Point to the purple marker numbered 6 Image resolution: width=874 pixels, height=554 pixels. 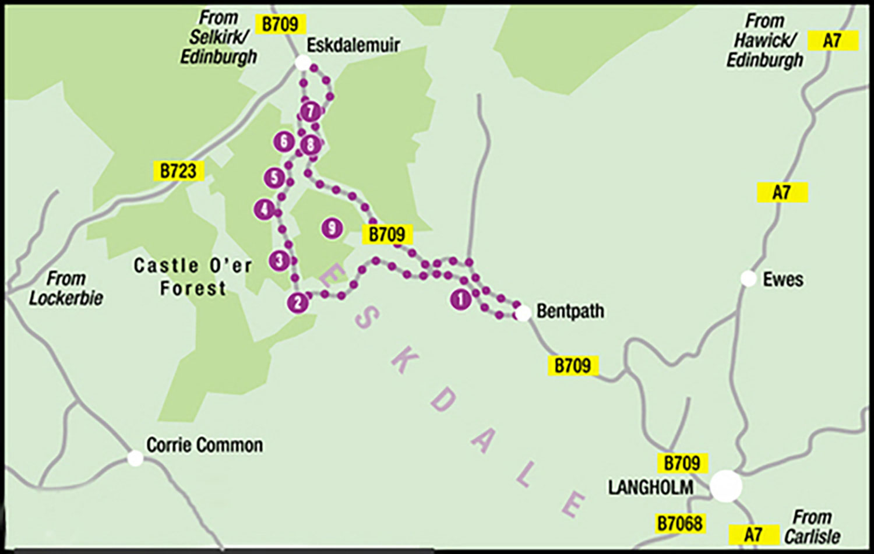(284, 141)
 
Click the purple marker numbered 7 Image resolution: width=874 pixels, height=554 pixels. (311, 111)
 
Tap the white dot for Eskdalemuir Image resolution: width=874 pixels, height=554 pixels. (302, 62)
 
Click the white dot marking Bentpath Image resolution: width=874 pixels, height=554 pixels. (523, 313)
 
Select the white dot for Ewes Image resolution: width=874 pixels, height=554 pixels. (748, 278)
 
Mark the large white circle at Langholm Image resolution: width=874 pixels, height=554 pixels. (726, 486)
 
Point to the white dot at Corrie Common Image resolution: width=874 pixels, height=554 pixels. (135, 458)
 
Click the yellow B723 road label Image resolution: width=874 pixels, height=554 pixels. (178, 171)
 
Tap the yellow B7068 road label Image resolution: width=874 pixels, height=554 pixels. (679, 523)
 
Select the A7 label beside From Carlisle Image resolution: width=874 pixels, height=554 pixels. (754, 534)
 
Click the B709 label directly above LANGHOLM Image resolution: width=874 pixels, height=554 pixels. (682, 463)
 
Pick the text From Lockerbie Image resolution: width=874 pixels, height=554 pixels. (65, 288)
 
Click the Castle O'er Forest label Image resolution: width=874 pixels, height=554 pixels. (193, 277)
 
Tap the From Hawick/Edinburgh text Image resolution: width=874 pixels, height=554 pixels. (764, 41)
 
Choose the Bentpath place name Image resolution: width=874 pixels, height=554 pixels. (570, 311)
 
